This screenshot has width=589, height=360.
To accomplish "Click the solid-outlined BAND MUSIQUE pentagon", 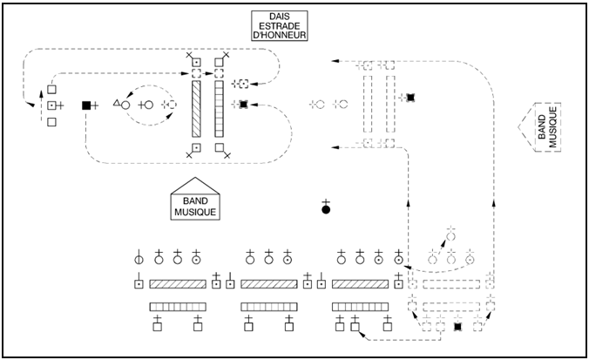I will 194,200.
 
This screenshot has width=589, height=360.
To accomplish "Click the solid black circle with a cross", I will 326,209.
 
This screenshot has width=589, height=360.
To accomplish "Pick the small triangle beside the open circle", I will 117,102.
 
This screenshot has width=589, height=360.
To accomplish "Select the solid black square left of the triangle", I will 86,105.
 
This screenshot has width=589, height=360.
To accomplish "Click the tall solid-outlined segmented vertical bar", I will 219,105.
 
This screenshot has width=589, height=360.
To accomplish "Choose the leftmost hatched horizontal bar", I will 177,284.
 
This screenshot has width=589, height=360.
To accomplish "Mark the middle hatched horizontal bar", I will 268,284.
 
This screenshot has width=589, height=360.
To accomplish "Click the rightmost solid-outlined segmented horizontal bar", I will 360,305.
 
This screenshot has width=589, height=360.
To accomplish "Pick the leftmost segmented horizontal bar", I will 177,305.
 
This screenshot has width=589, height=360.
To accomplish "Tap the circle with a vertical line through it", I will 138,260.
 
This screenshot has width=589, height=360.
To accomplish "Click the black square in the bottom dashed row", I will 457,327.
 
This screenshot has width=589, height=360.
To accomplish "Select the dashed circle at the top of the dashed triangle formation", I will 450,235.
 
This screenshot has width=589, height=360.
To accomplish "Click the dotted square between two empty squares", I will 51,105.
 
